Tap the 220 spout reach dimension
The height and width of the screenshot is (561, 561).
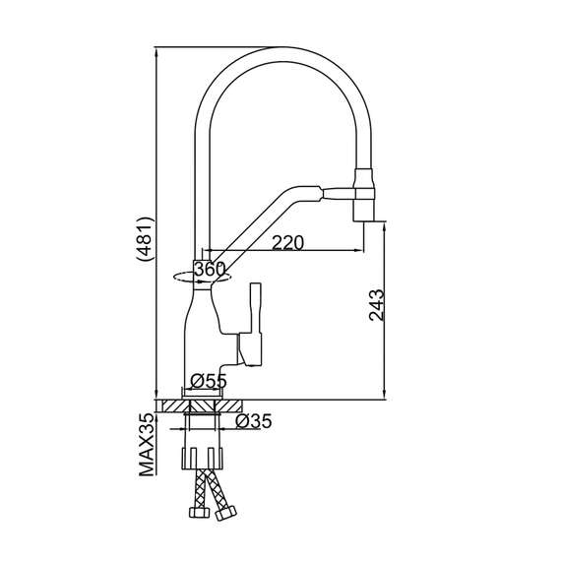[287, 243]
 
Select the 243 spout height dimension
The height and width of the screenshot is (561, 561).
[376, 304]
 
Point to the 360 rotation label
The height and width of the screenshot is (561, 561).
[210, 269]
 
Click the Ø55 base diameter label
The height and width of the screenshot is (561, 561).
[209, 381]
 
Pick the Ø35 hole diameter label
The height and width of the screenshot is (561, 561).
[254, 421]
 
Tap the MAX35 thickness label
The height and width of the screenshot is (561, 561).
[147, 445]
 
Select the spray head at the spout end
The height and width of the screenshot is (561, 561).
[364, 195]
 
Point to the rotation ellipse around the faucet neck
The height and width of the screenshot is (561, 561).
[201, 281]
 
